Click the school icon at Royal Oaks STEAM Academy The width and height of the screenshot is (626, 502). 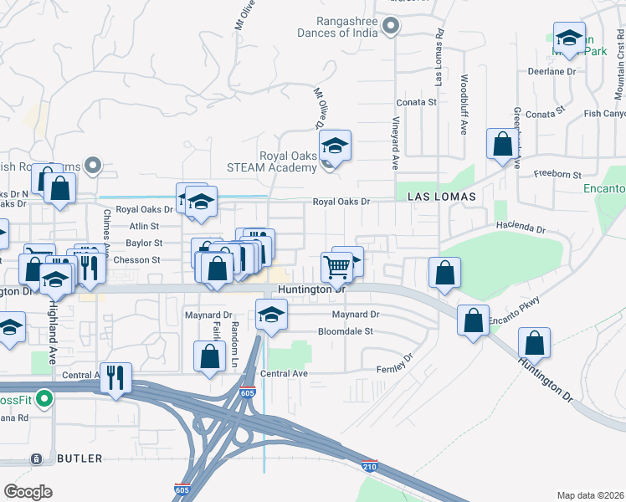(335, 147)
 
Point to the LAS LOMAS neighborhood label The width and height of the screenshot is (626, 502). (442, 196)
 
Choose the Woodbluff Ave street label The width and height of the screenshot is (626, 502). (463, 105)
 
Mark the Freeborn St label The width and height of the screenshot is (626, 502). (558, 174)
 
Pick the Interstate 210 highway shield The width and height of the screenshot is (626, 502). (368, 464)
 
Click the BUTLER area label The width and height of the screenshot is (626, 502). (80, 458)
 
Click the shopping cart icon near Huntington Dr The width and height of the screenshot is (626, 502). (336, 268)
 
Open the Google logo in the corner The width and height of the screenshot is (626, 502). (28, 491)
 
